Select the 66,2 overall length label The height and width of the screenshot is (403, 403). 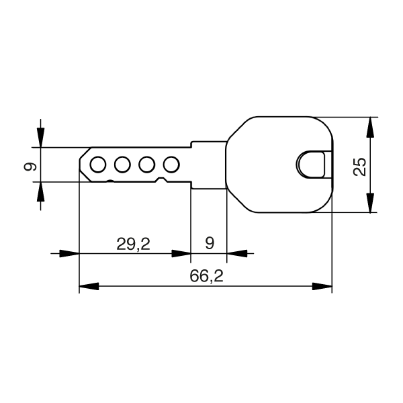click(206, 276)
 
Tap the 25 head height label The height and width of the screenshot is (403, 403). click(360, 166)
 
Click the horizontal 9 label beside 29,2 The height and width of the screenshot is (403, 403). click(209, 243)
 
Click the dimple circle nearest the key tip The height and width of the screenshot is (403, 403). click(97, 164)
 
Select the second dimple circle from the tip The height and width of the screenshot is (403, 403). click(122, 164)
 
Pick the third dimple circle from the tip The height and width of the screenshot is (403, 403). click(147, 164)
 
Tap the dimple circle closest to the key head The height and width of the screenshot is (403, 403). click(171, 164)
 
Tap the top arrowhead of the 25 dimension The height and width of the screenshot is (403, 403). click(369, 127)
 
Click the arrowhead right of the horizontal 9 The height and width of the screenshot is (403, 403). click(236, 254)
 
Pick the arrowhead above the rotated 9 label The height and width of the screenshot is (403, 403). click(41, 138)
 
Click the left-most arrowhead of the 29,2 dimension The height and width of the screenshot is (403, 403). click(71, 254)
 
